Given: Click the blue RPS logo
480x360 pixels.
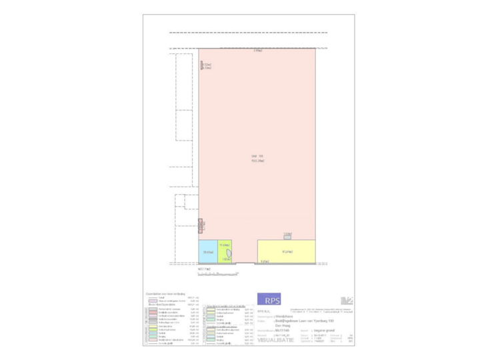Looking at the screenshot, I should coord(269,299).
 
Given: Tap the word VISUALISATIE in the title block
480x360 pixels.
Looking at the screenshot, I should coord(273,339).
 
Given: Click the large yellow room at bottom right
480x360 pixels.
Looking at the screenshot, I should coord(286,252).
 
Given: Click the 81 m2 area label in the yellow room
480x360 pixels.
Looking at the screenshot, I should coord(287,251).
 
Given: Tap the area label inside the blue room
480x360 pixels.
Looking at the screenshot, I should coord(207,253).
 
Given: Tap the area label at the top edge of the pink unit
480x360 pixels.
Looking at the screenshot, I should coord(257,51).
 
